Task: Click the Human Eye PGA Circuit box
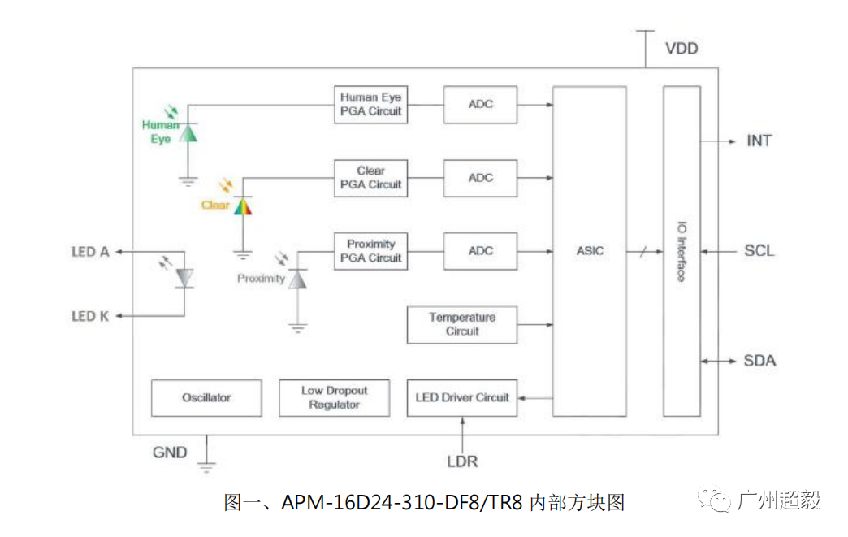370,104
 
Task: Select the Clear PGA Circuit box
370,178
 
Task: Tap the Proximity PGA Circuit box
370,251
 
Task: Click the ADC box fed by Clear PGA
480,178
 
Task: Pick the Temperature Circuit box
462,324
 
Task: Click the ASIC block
590,251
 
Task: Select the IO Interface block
681,251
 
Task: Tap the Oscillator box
206,398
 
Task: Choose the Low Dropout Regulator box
334,398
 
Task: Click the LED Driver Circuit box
462,398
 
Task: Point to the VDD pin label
681,49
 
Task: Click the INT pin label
759,141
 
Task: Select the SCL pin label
759,251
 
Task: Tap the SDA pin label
759,361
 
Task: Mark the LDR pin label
462,461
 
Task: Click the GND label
170,453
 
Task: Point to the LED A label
90,252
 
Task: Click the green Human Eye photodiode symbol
188,132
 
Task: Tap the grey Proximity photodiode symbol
298,279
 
